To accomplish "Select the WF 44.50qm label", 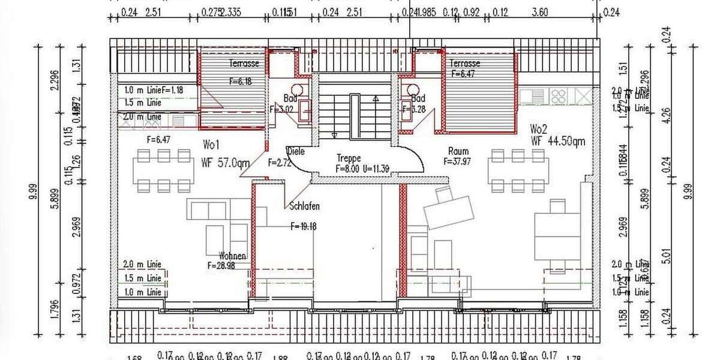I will (x=557, y=142).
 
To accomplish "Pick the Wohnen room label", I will (x=233, y=256).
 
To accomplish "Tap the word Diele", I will (x=296, y=151).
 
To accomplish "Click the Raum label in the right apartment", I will (x=458, y=151).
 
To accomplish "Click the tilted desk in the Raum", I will (x=448, y=208).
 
